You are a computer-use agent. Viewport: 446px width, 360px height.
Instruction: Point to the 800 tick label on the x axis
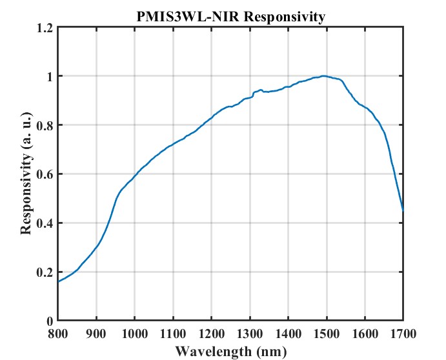(x=58, y=334)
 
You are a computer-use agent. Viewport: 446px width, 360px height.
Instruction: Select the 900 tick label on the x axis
(x=96, y=334)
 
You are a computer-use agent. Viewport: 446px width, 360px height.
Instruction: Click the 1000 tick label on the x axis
(x=134, y=334)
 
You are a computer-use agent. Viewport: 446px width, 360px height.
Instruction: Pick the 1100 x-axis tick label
(x=173, y=334)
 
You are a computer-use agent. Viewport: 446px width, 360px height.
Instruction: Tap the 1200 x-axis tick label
(x=211, y=334)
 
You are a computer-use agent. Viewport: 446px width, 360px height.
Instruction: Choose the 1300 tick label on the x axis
(x=250, y=334)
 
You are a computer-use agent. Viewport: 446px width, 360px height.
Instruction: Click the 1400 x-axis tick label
(x=288, y=334)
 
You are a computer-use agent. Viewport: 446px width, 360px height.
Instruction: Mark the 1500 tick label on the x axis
(x=327, y=334)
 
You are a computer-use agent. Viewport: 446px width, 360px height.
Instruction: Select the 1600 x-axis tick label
(x=365, y=334)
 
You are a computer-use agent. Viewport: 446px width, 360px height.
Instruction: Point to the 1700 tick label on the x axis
(x=403, y=334)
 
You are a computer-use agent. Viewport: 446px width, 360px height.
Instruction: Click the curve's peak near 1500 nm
(x=323, y=75)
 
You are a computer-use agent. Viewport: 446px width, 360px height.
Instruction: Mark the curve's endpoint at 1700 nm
(x=403, y=210)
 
